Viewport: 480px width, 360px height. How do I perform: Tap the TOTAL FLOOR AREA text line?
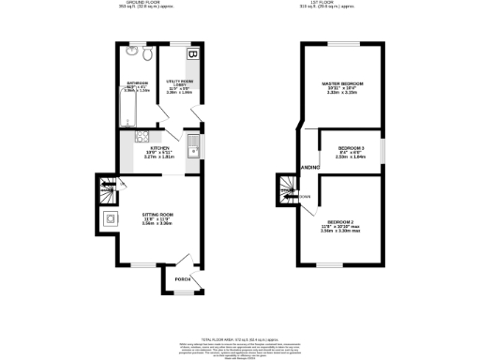coord(238,337)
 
